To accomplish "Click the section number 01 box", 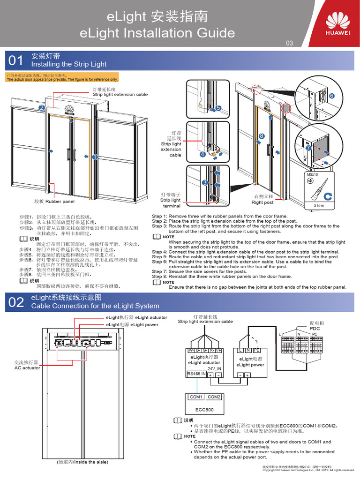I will (x=15, y=60).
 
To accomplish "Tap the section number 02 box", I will (x=15, y=302).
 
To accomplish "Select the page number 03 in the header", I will (x=289, y=43).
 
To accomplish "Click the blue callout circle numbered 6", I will (x=331, y=96).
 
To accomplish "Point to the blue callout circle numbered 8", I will (x=262, y=136).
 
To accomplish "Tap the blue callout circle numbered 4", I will (x=202, y=154).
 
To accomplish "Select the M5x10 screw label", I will (x=312, y=174).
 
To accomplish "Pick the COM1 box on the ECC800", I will (x=196, y=397).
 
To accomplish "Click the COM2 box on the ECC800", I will (x=214, y=397).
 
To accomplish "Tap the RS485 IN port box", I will (x=196, y=374).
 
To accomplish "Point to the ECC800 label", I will (x=205, y=410).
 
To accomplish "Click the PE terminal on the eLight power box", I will (x=256, y=350).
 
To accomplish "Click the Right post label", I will (x=262, y=202).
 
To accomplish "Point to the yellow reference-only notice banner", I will (x=62, y=77).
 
